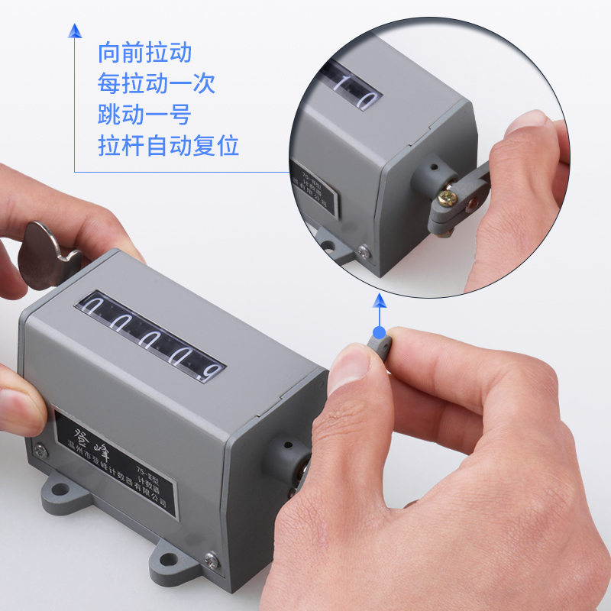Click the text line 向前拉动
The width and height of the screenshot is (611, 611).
144,53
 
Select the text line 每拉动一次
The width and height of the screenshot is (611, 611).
157,83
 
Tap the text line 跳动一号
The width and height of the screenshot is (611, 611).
144,114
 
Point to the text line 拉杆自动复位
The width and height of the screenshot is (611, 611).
169,144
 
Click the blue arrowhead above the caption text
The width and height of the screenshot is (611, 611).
74,31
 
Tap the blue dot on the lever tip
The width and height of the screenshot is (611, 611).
379,333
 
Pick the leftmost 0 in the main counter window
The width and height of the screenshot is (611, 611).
95,309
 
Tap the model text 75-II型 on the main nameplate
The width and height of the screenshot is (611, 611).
146,470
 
